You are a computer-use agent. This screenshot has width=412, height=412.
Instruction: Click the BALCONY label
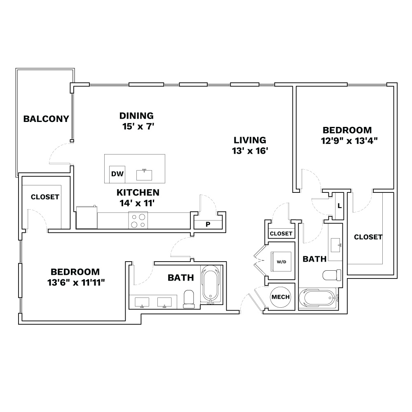[x=46, y=119]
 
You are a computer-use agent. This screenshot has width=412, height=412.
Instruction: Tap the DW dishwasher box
[x=117, y=174]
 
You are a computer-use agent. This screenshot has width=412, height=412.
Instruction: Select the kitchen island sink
[x=144, y=175]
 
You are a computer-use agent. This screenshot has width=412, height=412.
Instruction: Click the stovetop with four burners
[x=138, y=220]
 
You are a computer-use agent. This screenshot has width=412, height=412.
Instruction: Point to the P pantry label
[x=208, y=225]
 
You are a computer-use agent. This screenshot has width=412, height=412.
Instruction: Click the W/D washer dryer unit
[x=281, y=262]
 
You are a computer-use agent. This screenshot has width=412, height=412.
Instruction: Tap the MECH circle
[x=281, y=297]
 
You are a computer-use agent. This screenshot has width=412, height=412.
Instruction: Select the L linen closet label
[x=339, y=206]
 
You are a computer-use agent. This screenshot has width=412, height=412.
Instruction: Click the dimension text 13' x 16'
[x=250, y=151]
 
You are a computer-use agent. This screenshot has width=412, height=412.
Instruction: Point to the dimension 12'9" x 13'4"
[x=349, y=141]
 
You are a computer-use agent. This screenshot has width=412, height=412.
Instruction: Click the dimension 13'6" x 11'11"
[x=76, y=283]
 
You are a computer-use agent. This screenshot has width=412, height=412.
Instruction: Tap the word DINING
[x=136, y=116]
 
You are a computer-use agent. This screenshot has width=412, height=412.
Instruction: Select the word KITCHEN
[x=138, y=192]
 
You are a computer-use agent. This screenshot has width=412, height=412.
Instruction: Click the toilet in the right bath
[x=332, y=275]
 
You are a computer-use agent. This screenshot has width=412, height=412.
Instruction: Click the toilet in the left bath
[x=188, y=299]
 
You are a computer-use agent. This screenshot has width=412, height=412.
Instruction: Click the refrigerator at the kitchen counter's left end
[x=87, y=217]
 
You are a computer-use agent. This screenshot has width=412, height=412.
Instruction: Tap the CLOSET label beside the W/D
[x=281, y=234]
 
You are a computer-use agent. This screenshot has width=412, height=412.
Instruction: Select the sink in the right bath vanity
[x=336, y=245]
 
